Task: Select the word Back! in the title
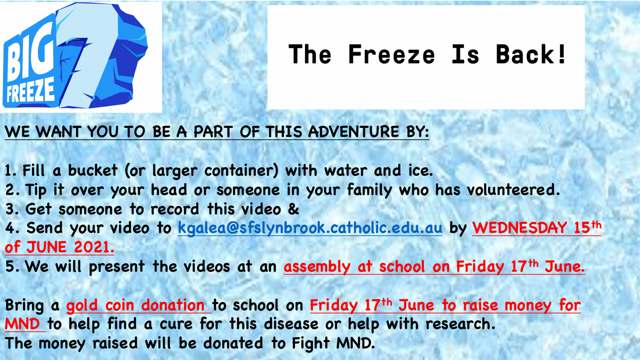531,54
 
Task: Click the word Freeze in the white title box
391,54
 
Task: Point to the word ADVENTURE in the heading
353,132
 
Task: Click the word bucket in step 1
93,171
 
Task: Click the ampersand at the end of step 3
293,209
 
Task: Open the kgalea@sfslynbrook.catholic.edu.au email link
310,228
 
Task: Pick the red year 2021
94,247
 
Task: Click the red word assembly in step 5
317,267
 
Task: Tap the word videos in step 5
206,266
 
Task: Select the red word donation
173,305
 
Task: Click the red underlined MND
22,324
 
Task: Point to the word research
460,324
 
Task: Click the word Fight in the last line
310,343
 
